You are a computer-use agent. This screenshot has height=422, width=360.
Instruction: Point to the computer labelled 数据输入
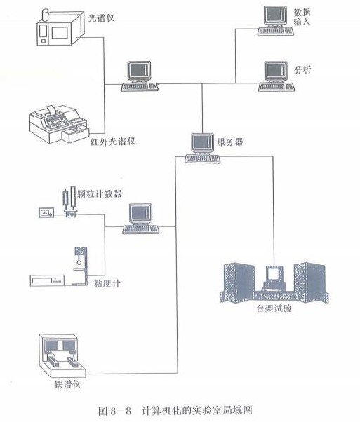tap(273, 19)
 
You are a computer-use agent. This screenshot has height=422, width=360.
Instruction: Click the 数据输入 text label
tap(302, 18)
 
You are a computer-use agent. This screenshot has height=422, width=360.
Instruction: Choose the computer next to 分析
tap(274, 74)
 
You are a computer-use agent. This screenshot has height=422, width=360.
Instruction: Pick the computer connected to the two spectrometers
tap(138, 76)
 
